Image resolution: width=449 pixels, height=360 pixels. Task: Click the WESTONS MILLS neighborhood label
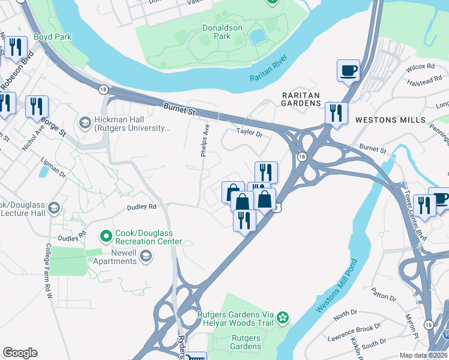[x=385, y=119]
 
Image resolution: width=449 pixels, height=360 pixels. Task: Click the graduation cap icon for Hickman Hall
[x=85, y=123]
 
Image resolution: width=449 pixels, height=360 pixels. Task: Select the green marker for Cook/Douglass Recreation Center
[x=106, y=236]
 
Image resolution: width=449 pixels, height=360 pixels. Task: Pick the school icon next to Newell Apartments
[x=145, y=257]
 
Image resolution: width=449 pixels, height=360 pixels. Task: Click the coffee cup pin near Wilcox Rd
[x=348, y=71]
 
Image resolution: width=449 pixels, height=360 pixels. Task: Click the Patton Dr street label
[x=384, y=296]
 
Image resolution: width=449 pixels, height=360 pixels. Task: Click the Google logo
[x=20, y=353]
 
